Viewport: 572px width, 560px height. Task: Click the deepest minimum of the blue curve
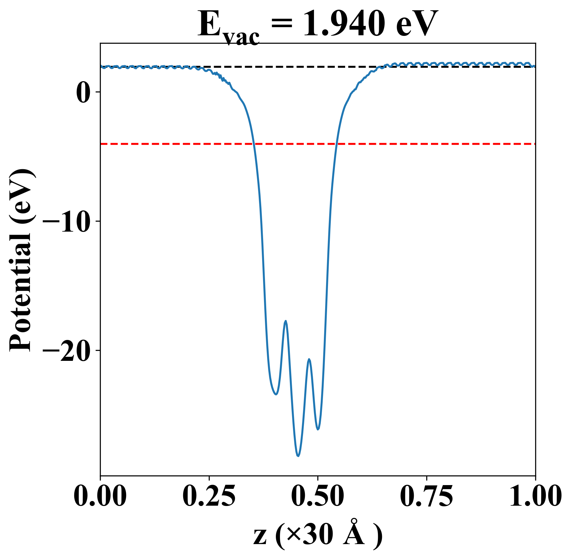tap(298, 456)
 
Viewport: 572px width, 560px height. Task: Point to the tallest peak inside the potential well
tap(285, 321)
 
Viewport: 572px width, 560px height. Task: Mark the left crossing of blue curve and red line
tap(254, 144)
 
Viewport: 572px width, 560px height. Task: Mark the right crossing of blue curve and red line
tap(336, 144)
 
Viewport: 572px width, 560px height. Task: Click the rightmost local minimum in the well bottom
tap(318, 430)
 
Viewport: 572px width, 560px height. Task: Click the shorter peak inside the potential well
tap(309, 359)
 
